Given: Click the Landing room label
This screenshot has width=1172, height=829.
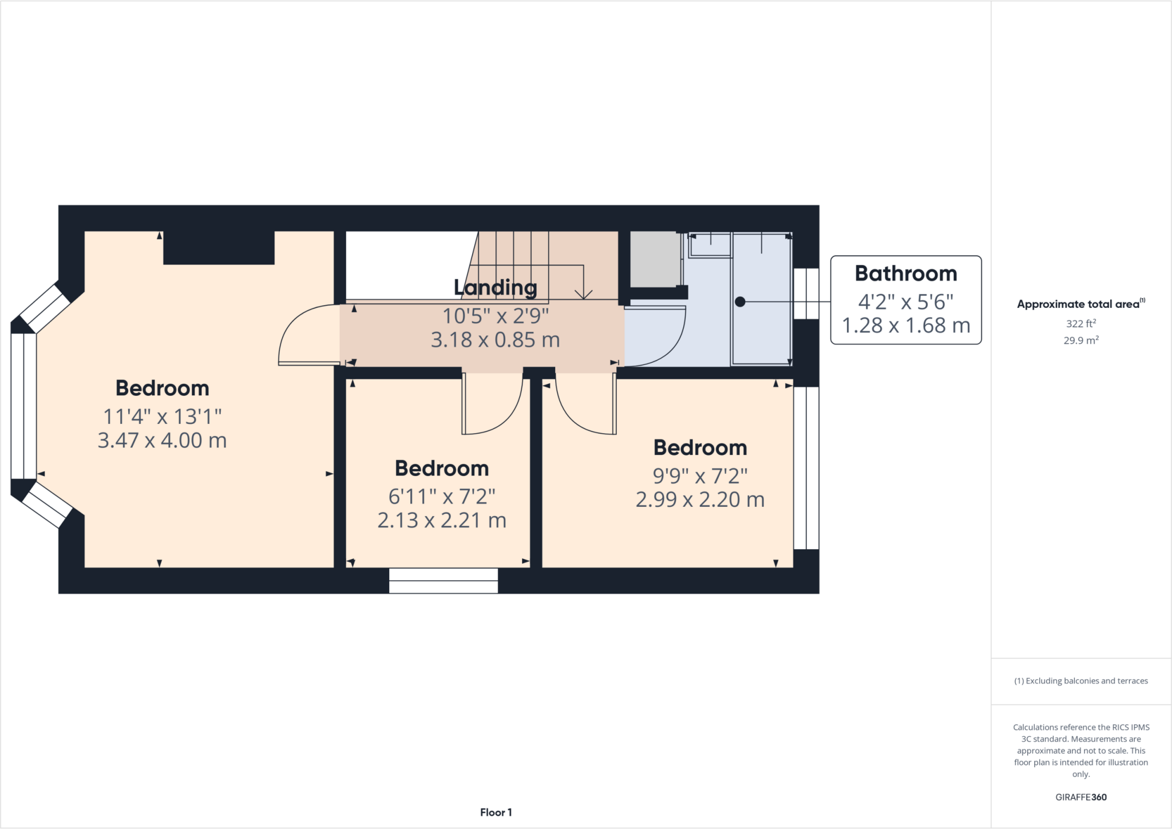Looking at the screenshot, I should click(x=495, y=288).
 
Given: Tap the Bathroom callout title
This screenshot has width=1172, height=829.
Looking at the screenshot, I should click(x=905, y=273).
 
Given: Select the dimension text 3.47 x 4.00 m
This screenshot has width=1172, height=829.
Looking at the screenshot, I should click(x=162, y=441).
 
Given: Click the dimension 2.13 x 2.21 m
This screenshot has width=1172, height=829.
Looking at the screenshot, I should click(x=441, y=521).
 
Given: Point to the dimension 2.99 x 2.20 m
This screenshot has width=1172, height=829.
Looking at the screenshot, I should click(x=700, y=500).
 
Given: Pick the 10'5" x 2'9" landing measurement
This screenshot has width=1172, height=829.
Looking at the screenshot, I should click(x=495, y=316).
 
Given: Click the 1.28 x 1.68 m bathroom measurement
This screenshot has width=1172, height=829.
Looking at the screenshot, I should click(x=905, y=326).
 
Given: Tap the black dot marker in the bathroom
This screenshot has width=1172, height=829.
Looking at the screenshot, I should click(x=740, y=302).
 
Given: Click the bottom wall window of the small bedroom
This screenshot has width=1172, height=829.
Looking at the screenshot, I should click(x=443, y=581).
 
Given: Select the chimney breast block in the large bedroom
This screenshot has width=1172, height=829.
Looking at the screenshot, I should click(x=219, y=247).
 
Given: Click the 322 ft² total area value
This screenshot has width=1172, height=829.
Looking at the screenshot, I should click(x=1080, y=323).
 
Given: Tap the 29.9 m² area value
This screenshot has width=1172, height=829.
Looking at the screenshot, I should click(x=1080, y=340).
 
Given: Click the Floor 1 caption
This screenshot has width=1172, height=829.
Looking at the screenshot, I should click(x=496, y=812).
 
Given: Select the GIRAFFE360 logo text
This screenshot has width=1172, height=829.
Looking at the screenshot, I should click(x=1080, y=797).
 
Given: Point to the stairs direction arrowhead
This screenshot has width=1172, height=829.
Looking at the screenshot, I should click(x=583, y=295).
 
